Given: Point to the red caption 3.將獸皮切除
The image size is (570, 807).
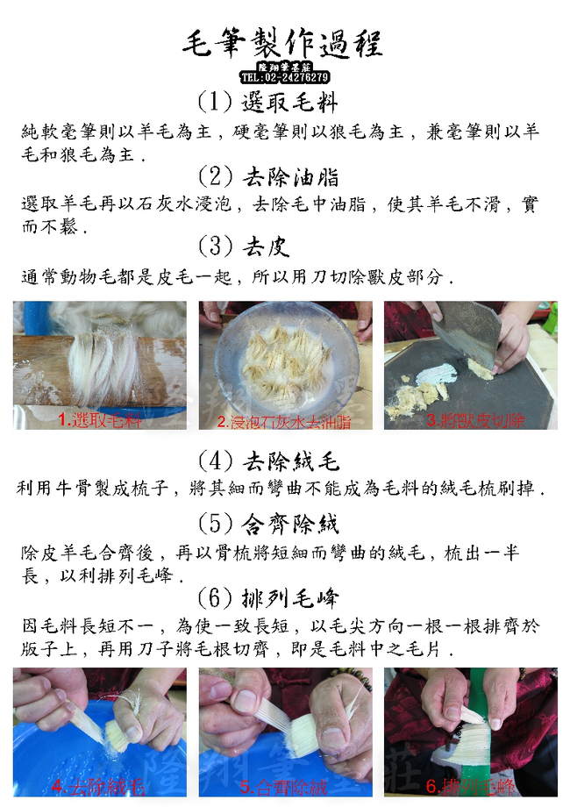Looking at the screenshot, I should click(474, 420).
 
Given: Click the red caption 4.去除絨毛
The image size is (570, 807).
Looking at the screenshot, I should click(97, 787).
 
